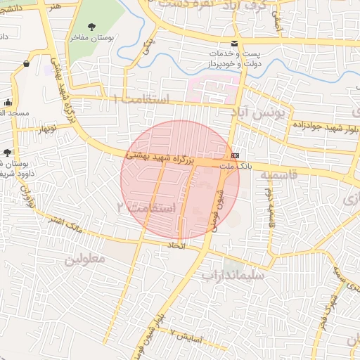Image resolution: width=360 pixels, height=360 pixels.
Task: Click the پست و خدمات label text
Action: tap(237, 54)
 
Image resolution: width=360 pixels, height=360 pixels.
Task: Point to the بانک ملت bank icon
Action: tap(234, 155)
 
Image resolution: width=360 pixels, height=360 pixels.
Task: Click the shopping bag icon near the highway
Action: tap(26, 64)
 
